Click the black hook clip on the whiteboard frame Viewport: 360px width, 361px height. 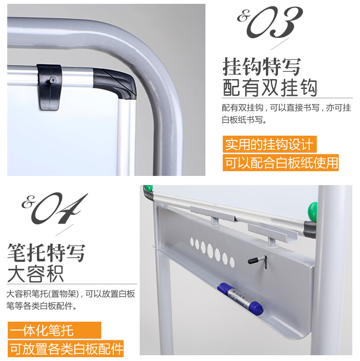(x=49, y=87)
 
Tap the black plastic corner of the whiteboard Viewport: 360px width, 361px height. (x=115, y=83)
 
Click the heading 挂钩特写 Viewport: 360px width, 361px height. (x=262, y=67)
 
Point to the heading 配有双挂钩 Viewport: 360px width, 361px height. (x=270, y=88)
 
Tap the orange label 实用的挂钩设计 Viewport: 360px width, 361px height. (x=269, y=144)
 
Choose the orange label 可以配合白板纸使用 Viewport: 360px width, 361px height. (x=280, y=163)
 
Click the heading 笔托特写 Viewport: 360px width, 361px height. (x=47, y=253)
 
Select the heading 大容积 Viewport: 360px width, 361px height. (x=36, y=274)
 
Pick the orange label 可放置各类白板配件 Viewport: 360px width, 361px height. (x=66, y=349)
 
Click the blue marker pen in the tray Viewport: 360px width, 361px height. (x=240, y=298)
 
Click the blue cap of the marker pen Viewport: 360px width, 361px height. (x=256, y=308)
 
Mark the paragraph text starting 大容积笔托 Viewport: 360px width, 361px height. (x=71, y=300)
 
